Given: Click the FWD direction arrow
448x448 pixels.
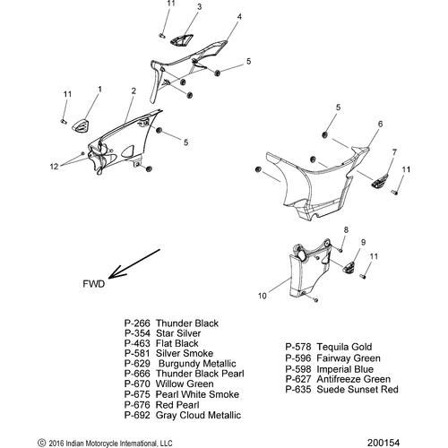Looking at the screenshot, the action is [134, 263].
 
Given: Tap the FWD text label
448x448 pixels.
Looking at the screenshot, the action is [94, 284].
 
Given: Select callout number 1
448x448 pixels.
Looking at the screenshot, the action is [99, 90].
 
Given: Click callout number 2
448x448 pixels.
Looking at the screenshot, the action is [134, 91].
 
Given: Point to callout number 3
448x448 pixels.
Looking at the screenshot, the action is [199, 6].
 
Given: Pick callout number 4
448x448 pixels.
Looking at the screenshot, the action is [239, 17].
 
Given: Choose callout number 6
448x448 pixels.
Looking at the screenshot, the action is [380, 124].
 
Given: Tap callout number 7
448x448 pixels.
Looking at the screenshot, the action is [394, 152].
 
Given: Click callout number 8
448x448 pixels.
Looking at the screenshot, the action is [346, 229].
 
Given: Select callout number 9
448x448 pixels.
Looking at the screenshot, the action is [363, 242].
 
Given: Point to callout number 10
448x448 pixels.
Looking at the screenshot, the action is [262, 296].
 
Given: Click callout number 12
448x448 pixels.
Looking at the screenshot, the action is [54, 167].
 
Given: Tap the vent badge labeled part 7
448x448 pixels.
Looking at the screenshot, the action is [380, 181].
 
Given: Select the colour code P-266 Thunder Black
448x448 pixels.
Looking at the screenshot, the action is [171, 323].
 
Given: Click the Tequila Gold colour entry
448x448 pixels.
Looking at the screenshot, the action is [329, 347].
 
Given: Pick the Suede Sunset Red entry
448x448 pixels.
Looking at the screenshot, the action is [341, 390].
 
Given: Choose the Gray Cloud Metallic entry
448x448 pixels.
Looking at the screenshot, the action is [183, 415].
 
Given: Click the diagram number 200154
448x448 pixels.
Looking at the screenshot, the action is [383, 443].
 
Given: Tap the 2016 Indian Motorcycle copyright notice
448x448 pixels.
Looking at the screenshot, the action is [105, 443].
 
